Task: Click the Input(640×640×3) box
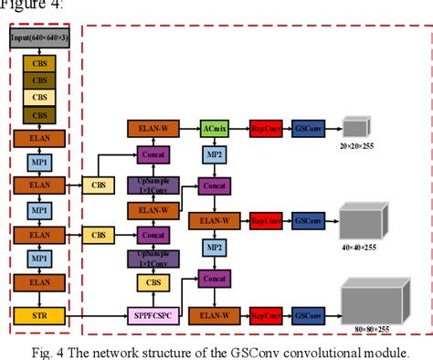tap(37, 39)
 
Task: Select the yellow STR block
tap(37, 316)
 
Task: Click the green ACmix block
tap(214, 130)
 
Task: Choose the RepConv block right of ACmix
tap(265, 130)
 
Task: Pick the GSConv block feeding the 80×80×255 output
tap(307, 316)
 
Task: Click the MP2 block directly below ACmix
tap(214, 155)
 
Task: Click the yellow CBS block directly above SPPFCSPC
tap(153, 284)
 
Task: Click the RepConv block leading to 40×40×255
tap(265, 220)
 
